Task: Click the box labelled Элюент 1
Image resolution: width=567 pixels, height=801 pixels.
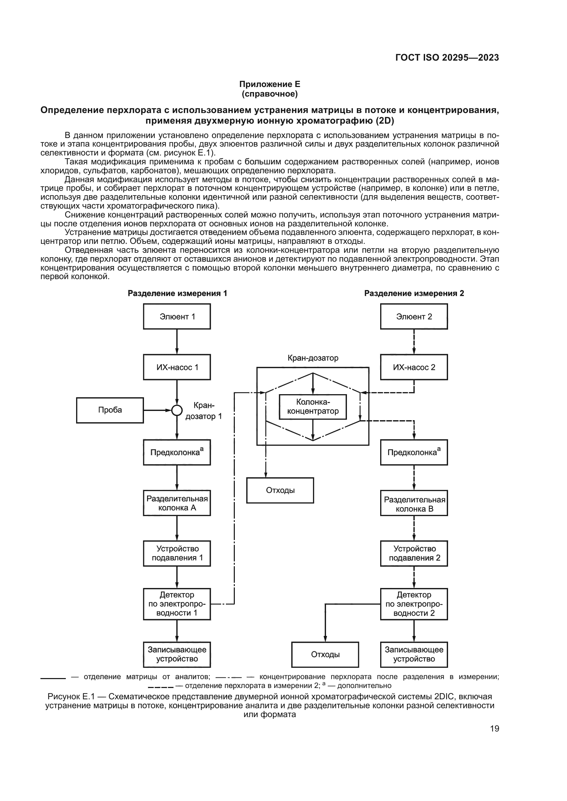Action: (177, 316)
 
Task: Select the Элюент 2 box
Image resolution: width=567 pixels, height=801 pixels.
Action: (414, 316)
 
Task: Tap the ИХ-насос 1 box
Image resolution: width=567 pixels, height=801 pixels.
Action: (177, 367)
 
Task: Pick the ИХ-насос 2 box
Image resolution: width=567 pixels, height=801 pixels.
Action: (414, 367)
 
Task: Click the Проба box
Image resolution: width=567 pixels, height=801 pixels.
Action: (110, 410)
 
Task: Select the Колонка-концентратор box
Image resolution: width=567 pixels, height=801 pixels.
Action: (313, 407)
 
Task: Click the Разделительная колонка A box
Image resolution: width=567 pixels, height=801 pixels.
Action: (177, 503)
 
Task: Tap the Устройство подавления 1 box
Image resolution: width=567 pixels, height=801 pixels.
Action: (177, 553)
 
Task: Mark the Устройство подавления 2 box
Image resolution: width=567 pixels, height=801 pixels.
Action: (414, 553)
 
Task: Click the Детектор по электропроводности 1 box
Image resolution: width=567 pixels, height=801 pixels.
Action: (177, 604)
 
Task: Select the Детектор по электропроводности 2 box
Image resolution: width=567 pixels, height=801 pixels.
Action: (414, 604)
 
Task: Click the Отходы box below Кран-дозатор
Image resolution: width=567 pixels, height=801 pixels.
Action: (280, 490)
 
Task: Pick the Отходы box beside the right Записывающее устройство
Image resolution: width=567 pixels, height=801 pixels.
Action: (325, 654)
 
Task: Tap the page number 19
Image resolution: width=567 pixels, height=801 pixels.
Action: (494, 728)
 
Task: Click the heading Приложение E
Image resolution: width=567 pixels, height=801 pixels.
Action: (269, 84)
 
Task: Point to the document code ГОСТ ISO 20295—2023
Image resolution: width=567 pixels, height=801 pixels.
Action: (447, 58)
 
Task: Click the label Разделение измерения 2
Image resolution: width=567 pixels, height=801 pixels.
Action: (414, 293)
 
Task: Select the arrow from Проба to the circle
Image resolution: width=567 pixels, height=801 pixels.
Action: (157, 411)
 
